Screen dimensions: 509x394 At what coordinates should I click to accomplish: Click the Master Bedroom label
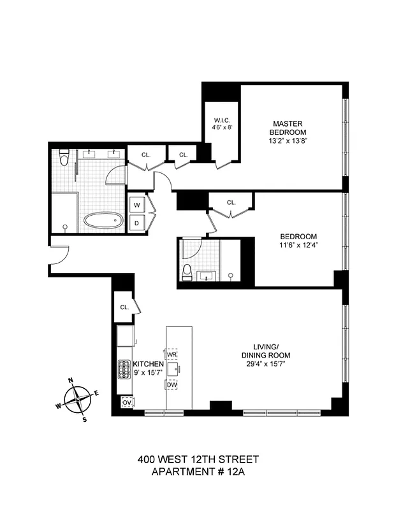[288, 127]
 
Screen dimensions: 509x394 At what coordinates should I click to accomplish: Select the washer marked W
[136, 205]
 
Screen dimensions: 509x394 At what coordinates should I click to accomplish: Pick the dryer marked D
[136, 223]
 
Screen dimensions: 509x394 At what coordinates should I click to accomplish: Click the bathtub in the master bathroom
[103, 221]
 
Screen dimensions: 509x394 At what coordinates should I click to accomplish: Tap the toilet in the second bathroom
[187, 272]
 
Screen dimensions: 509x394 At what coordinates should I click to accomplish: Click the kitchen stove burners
[123, 369]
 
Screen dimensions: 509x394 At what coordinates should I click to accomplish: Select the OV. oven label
[126, 403]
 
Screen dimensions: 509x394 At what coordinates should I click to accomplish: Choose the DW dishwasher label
[172, 385]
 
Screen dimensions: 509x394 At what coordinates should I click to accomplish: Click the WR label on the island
[171, 354]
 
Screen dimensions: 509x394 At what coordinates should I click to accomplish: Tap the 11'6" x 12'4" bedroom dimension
[298, 245]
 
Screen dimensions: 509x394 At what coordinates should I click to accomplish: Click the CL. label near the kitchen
[124, 307]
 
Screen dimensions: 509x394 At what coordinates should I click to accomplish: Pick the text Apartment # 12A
[198, 471]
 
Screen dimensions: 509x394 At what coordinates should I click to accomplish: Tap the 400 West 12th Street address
[198, 459]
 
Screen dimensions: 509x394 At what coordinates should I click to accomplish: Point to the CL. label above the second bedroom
[231, 203]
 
